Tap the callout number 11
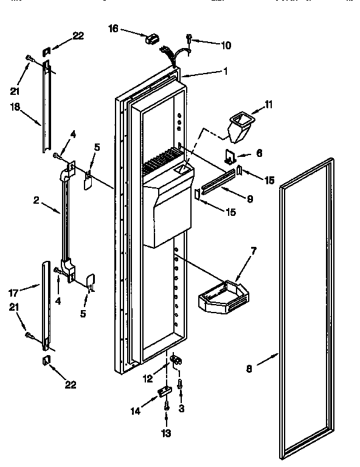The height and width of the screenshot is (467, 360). pos(269,105)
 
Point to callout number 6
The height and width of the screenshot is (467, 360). pos(258,154)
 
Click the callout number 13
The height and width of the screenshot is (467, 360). pos(165,434)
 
